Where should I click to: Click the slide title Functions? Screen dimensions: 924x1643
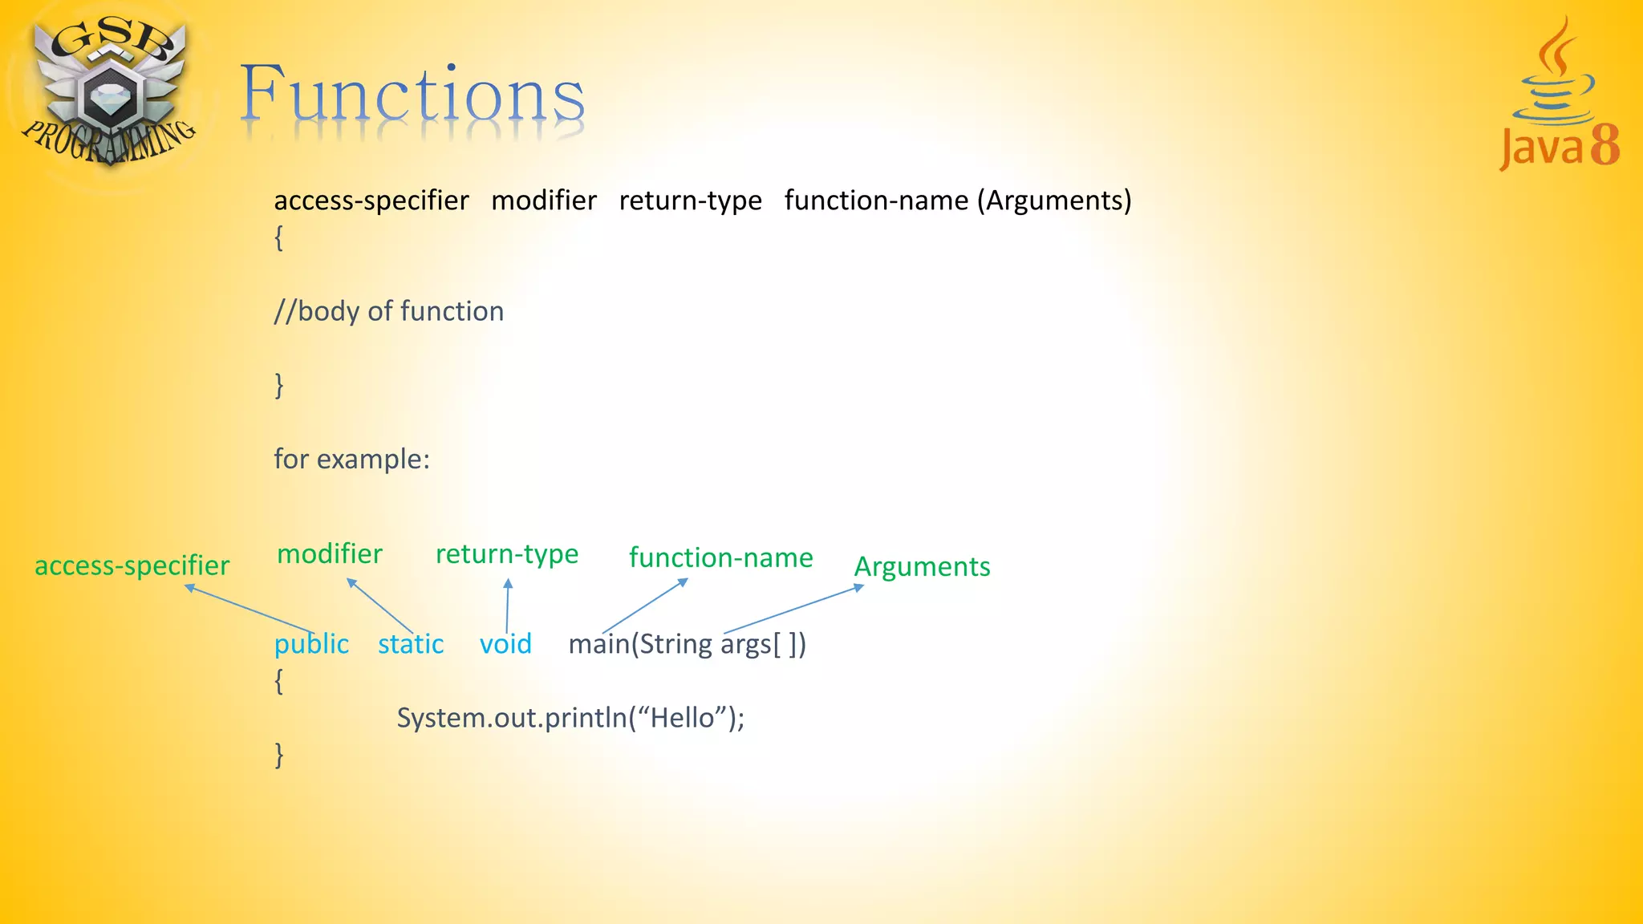click(x=412, y=95)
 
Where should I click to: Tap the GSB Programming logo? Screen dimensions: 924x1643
click(x=108, y=92)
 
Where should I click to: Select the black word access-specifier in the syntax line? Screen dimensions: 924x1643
click(x=371, y=201)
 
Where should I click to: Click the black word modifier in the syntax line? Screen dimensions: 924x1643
click(x=543, y=201)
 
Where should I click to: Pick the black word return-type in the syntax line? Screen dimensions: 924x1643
click(x=690, y=201)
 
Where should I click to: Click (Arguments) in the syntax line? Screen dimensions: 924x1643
click(x=1053, y=201)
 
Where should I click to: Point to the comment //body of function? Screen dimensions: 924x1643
click(x=388, y=311)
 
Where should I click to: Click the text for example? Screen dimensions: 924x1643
click(x=351, y=460)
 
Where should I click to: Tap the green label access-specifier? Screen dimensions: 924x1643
click(x=132, y=566)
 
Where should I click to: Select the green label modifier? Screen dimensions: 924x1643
click(x=329, y=554)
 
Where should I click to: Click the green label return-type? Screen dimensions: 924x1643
click(x=506, y=554)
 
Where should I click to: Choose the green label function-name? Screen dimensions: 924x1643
click(x=720, y=557)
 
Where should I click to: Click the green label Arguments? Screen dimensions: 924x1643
click(x=922, y=567)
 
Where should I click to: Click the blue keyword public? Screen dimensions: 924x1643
click(x=311, y=644)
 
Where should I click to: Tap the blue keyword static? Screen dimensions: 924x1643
click(x=411, y=644)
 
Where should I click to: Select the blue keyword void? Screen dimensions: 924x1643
click(x=505, y=644)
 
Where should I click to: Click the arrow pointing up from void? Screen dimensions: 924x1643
click(x=507, y=606)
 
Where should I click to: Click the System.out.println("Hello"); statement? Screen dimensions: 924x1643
click(x=570, y=718)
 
